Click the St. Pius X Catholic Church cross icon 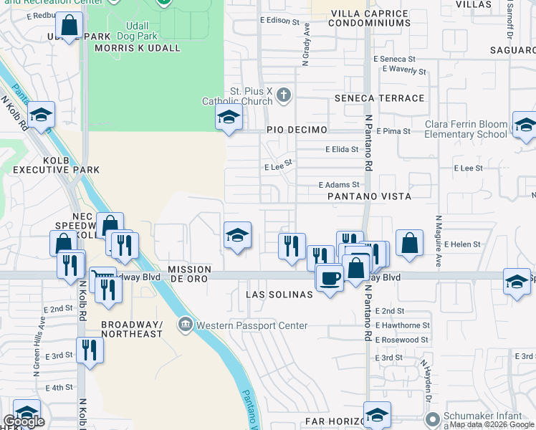[284, 95]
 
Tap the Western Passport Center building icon [186, 325]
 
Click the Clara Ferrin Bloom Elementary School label [466, 129]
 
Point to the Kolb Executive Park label [56, 164]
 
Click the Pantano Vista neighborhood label [369, 196]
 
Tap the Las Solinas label [279, 295]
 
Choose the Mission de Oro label [189, 270]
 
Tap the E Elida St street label [342, 150]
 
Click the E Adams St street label [338, 185]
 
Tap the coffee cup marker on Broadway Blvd [329, 277]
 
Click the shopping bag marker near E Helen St [408, 242]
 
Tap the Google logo [23, 421]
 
